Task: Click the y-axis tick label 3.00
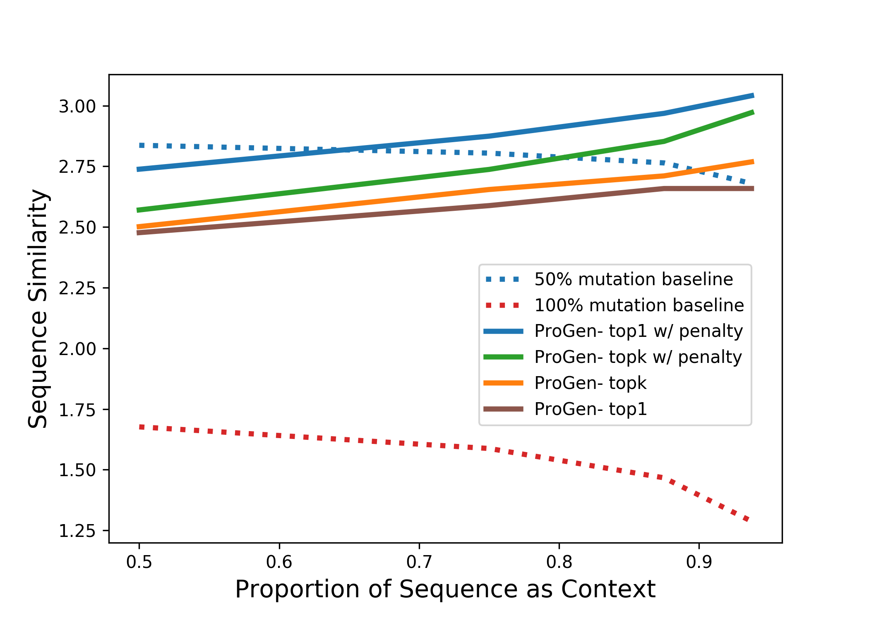pyautogui.click(x=77, y=107)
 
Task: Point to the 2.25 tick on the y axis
pyautogui.click(x=77, y=289)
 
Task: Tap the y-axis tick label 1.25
pyautogui.click(x=77, y=531)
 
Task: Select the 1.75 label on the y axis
pyautogui.click(x=77, y=410)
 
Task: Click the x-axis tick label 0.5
pyautogui.click(x=139, y=563)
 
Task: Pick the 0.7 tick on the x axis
pyautogui.click(x=419, y=563)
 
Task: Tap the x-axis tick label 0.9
pyautogui.click(x=699, y=563)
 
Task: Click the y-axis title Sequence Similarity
pyautogui.click(x=38, y=309)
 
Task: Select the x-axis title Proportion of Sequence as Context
pyautogui.click(x=445, y=589)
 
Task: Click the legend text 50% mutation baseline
pyautogui.click(x=634, y=279)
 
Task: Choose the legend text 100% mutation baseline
pyautogui.click(x=639, y=305)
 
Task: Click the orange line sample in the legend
pyautogui.click(x=503, y=383)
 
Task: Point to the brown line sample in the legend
pyautogui.click(x=503, y=409)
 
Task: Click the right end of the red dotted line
pyautogui.click(x=748, y=520)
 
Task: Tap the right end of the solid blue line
pyautogui.click(x=753, y=95)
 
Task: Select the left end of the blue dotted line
pyautogui.click(x=141, y=145)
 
